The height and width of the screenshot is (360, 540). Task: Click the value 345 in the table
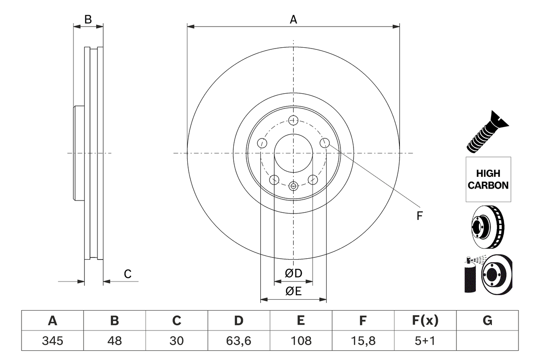(x=52, y=341)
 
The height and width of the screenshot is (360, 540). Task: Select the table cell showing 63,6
(x=238, y=341)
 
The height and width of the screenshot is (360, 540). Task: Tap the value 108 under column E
(x=300, y=341)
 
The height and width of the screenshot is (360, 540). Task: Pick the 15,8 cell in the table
(x=362, y=341)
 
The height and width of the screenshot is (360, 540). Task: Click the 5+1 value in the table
(x=425, y=341)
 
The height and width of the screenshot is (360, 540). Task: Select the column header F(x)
(x=425, y=321)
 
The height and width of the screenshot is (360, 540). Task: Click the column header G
(x=487, y=321)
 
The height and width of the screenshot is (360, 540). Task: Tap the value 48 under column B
(x=114, y=341)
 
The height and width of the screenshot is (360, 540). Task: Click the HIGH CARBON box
(x=488, y=179)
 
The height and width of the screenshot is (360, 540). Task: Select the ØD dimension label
(x=294, y=273)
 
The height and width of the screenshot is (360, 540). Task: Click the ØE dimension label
(x=294, y=292)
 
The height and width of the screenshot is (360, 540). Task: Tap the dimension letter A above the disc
(x=293, y=19)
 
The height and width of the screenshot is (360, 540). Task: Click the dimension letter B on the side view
(x=88, y=19)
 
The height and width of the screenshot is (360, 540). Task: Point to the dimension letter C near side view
(x=127, y=274)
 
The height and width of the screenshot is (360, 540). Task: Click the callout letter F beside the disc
(x=419, y=216)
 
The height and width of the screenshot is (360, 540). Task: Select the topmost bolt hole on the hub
(x=293, y=120)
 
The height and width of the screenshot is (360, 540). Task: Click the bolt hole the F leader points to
(x=324, y=143)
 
